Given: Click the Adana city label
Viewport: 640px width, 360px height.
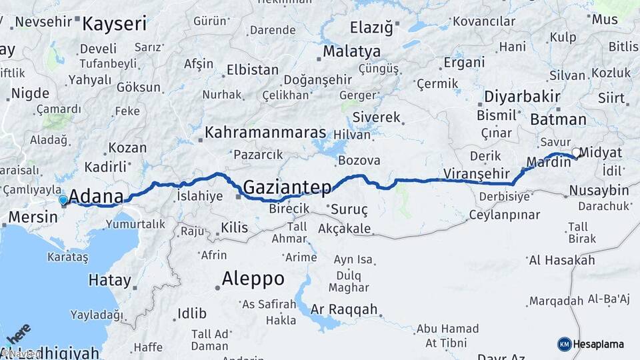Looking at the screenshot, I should coord(96,197).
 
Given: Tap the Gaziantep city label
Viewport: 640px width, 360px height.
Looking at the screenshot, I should coord(287,187).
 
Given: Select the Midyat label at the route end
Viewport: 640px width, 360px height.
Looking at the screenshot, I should coord(601,153).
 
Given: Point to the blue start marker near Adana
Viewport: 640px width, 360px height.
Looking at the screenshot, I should coord(63,199).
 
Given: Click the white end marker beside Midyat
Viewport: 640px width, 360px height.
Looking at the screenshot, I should coord(575,153).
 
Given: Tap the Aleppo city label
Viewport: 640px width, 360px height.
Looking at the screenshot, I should coord(253,278).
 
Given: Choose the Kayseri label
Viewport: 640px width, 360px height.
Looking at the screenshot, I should coord(114,25).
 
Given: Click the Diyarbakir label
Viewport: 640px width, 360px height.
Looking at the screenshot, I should coord(522,96).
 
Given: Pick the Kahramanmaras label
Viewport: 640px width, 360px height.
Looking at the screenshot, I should coord(265,132).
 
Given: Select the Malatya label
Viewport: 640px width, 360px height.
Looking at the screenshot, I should coord(351,51).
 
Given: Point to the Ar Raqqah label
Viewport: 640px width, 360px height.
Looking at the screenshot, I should coord(344,309).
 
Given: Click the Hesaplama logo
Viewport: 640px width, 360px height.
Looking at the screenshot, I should coord(591,344).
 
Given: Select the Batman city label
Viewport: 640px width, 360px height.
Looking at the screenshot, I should coord(558,120).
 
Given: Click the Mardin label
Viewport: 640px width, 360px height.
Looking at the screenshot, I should coord(548,162).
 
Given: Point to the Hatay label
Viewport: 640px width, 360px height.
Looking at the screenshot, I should coord(109,281).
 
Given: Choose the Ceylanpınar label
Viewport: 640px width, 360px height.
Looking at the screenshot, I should coord(504,215).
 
